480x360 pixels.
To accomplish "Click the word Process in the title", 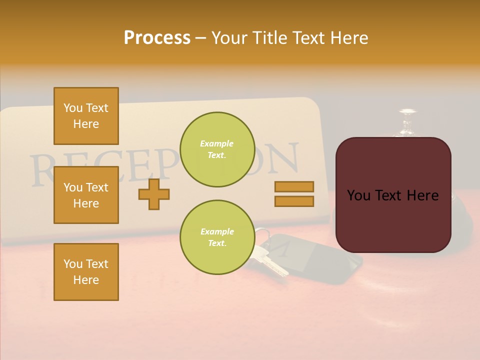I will click(x=157, y=37).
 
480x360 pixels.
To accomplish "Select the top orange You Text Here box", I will click(x=86, y=116).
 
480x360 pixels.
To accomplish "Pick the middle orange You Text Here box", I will click(x=86, y=195).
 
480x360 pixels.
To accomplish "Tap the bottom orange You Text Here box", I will click(x=86, y=272).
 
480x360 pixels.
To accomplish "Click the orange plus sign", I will click(x=154, y=194).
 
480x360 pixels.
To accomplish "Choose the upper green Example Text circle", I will click(x=217, y=149).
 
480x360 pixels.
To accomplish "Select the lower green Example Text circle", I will click(x=217, y=237).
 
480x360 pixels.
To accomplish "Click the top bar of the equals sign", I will click(x=294, y=186).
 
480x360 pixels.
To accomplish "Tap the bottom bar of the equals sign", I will click(x=294, y=201).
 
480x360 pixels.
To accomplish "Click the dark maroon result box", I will click(x=393, y=195).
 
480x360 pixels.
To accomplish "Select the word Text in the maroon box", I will click(x=391, y=195).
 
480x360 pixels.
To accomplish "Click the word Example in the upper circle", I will click(x=217, y=143).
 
